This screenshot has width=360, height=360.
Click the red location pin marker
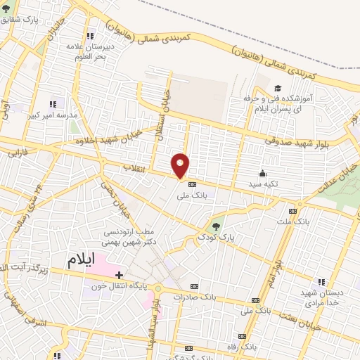click(x=181, y=165)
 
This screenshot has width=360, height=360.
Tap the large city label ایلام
click(x=82, y=259)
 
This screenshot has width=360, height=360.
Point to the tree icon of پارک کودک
click(x=217, y=226)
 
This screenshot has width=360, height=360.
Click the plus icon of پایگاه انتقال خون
click(x=120, y=275)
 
